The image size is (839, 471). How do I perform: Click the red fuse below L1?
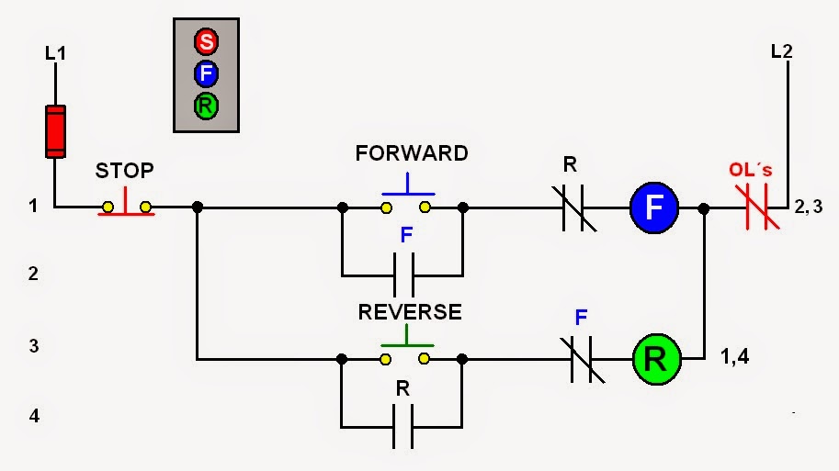point(55,131)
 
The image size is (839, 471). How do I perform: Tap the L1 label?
point(56,54)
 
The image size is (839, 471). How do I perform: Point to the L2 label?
point(781,51)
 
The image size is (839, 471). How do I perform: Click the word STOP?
point(125,171)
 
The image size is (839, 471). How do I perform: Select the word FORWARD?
point(412,153)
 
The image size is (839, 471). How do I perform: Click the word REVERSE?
point(410,312)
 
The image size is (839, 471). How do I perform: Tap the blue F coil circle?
point(653,207)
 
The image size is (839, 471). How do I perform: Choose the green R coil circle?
point(655,356)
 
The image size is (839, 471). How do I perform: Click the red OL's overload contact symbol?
point(756,207)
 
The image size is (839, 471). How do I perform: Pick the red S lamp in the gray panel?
point(206,41)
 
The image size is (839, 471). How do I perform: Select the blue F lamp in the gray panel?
point(206,73)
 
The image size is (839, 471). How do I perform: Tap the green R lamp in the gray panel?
point(206,106)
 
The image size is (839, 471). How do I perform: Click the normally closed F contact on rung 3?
point(580,356)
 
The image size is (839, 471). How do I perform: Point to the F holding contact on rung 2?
point(402,274)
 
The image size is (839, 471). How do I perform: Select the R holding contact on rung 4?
point(402,426)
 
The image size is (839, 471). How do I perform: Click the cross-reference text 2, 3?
point(806,207)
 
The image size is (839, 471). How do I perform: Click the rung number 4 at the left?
point(34,416)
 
